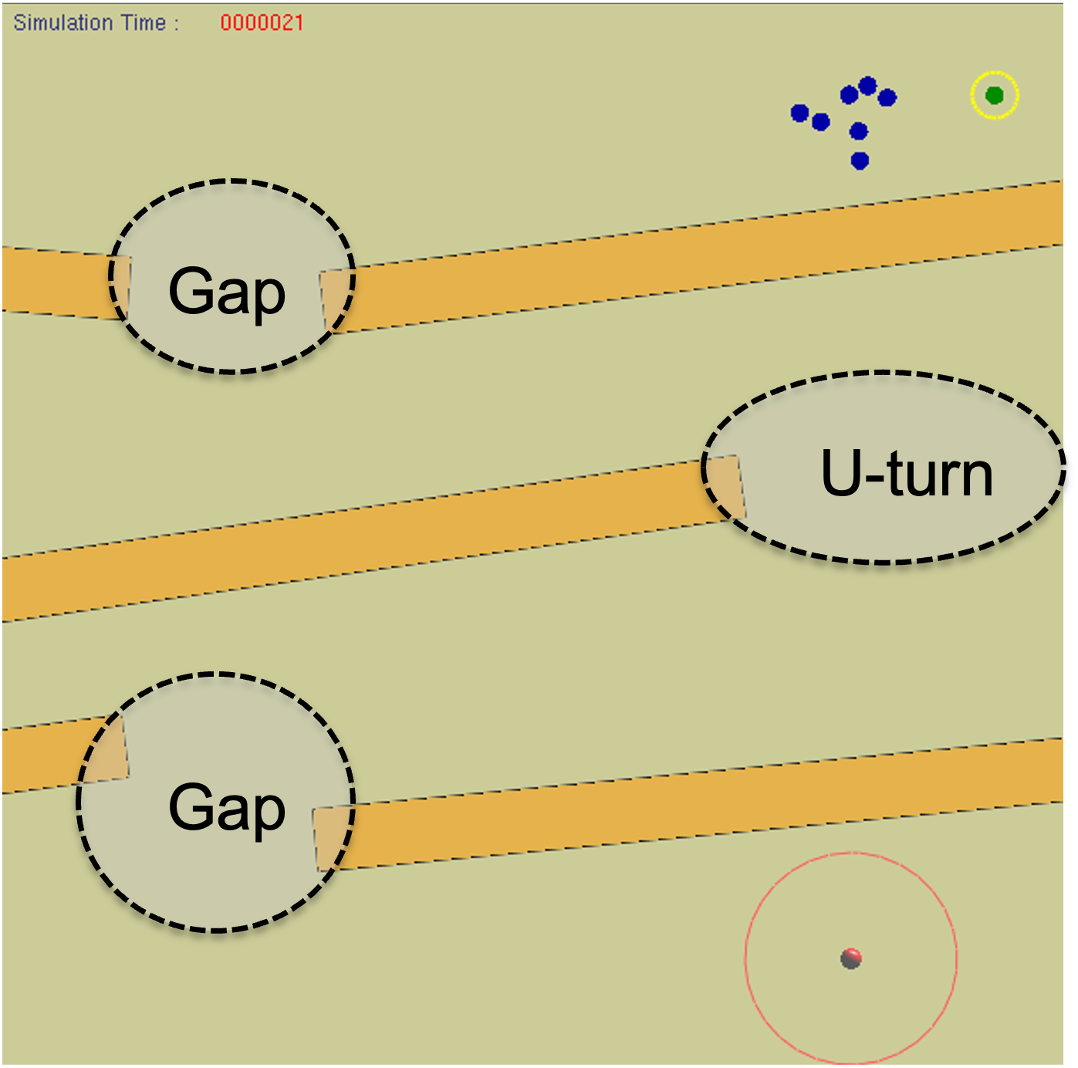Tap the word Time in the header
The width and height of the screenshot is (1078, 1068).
point(144,23)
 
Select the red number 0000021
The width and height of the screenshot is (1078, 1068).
point(262,23)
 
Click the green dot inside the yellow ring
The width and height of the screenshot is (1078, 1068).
point(994,96)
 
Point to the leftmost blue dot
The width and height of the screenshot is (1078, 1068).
point(800,113)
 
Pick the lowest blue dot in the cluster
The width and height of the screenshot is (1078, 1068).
point(860,161)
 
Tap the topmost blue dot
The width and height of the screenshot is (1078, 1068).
point(868,85)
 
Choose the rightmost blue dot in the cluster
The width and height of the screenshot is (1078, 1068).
point(887,98)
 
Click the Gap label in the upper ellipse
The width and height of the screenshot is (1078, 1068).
point(227,292)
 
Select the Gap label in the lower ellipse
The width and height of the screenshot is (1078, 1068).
point(227,807)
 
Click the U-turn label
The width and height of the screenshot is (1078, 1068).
point(906,474)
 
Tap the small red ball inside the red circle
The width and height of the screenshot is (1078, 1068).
point(850,958)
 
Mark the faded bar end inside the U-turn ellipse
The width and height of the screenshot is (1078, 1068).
point(726,488)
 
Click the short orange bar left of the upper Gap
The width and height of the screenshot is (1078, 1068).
point(54,282)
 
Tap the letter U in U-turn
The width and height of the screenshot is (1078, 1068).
point(840,473)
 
